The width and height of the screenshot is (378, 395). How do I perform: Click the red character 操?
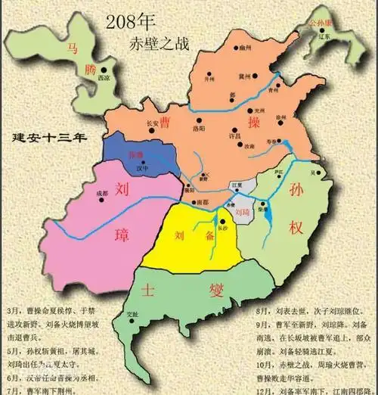(254, 121)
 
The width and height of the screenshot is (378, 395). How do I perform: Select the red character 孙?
(297, 191)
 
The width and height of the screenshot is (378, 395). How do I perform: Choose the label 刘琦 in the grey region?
(243, 213)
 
